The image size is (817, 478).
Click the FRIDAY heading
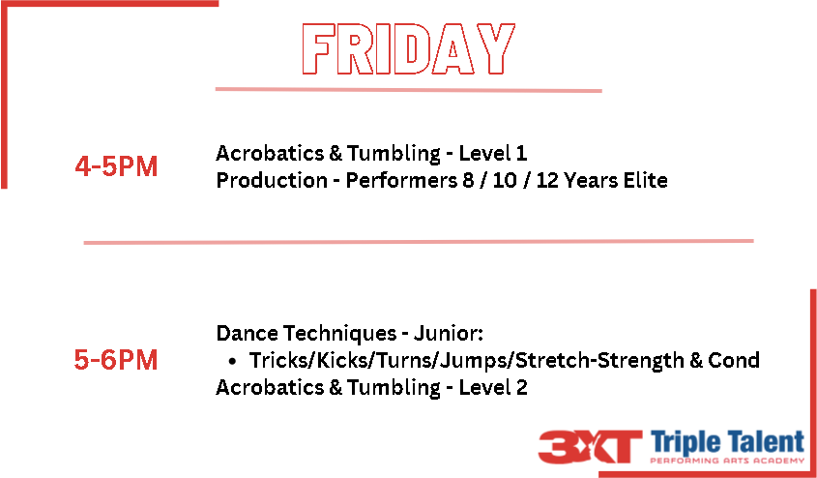tap(409, 49)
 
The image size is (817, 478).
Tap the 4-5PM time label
tap(116, 167)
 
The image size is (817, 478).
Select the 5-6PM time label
tap(116, 361)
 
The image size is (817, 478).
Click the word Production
tap(272, 181)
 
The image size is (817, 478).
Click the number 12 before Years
tap(547, 181)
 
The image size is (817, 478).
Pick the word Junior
tap(448, 334)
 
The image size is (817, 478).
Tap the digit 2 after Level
tap(521, 388)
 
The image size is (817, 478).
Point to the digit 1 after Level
tap(521, 154)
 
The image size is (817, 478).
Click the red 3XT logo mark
tap(590, 447)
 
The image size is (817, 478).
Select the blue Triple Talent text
tap(727, 442)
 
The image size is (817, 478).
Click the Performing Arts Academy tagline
tap(727, 461)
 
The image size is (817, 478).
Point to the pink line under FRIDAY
tap(408, 90)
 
